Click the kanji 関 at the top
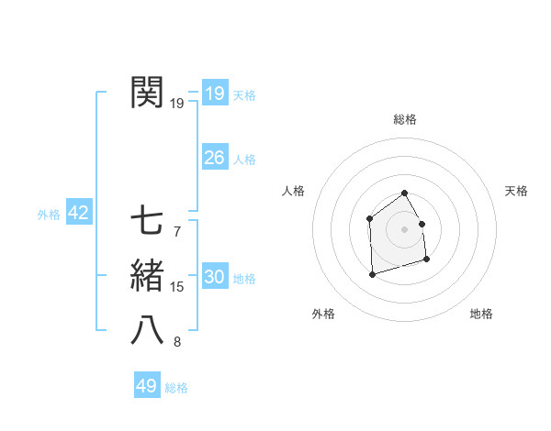(148, 93)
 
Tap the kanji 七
(148, 221)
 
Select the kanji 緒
(148, 276)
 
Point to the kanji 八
(148, 329)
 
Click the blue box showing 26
(214, 158)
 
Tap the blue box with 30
(214, 277)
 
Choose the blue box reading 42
(78, 214)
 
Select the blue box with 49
(147, 386)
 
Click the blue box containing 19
(214, 94)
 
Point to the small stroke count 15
(177, 287)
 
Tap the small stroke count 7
(176, 232)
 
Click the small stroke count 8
(176, 342)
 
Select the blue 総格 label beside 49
(176, 388)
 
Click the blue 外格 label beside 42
(49, 215)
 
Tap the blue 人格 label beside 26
(244, 160)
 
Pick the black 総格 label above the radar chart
(404, 119)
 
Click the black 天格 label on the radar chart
(516, 191)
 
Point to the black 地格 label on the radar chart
(481, 315)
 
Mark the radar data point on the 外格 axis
(372, 274)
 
